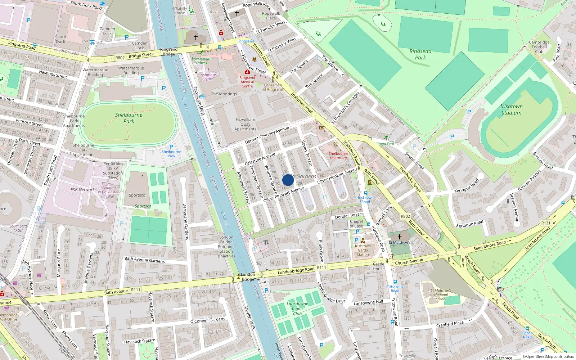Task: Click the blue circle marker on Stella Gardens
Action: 288,180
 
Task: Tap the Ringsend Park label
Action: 420,54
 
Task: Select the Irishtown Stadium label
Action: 511,109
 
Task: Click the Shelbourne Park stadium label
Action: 129,118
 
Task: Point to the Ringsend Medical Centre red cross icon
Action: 247,72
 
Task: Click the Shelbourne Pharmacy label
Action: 338,156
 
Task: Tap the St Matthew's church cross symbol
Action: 399,237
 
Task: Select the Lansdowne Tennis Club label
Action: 297,309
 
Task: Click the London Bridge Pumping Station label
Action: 226,247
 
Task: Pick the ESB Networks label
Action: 84,190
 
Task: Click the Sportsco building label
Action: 137,195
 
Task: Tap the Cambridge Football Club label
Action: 539,47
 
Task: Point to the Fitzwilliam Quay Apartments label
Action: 246,124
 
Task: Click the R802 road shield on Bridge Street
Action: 120,58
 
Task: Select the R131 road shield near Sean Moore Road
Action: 546,223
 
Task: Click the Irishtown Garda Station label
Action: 363,250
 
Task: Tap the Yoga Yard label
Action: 386,144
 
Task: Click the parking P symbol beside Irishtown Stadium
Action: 469,112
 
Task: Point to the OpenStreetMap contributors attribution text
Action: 548,356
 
